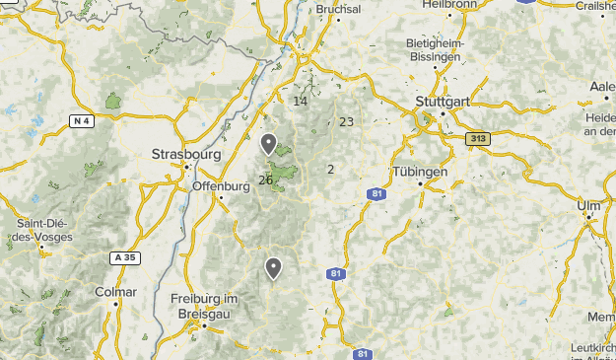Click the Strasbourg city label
point(186,154)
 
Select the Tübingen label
point(421,171)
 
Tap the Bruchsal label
point(339,9)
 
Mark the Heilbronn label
point(449,5)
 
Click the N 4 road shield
point(82,121)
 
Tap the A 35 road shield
point(123,257)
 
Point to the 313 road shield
point(478,139)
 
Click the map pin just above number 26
point(268,145)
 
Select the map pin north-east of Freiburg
point(273,268)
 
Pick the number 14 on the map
point(301,101)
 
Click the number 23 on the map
point(346,121)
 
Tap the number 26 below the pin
point(265,180)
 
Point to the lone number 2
point(330,169)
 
